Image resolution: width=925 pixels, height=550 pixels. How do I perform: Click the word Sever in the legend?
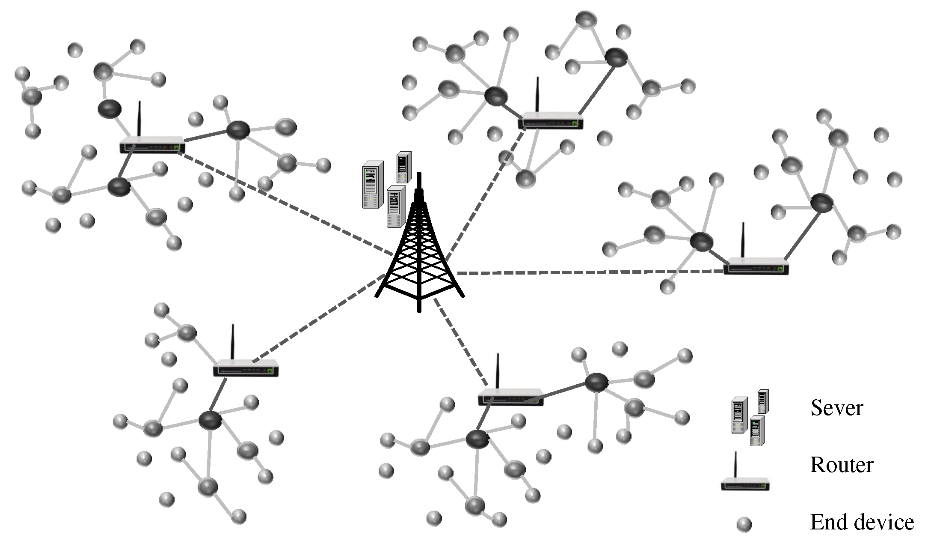[836, 407]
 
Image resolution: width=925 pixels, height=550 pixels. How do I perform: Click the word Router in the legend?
[842, 465]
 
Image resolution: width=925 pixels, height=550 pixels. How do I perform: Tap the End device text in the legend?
[862, 522]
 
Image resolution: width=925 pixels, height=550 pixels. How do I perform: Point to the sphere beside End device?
[744, 524]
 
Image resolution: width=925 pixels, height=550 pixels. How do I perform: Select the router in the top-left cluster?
[152, 145]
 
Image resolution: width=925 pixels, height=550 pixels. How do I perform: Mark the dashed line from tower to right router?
[590, 272]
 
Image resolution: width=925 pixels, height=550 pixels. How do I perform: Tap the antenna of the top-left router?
[139, 118]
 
